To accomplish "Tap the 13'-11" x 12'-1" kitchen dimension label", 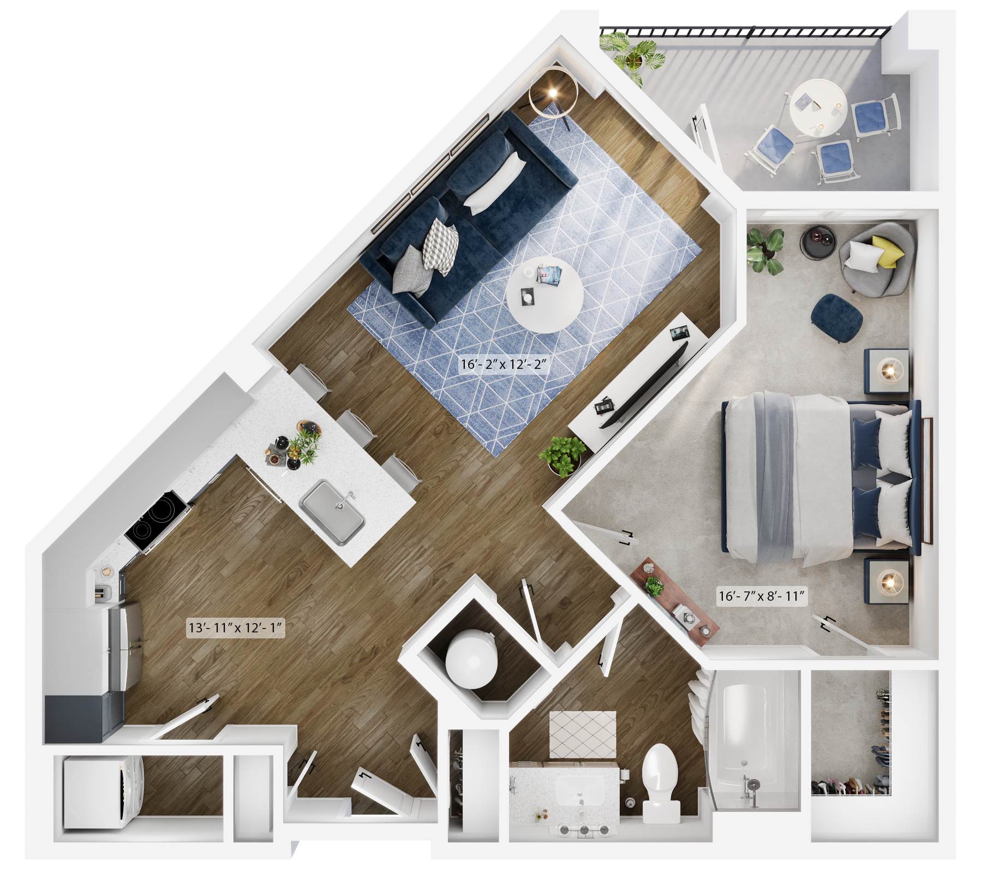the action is (x=236, y=628).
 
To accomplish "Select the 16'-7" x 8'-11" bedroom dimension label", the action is (x=762, y=596).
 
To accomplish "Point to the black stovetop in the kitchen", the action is (x=158, y=521).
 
